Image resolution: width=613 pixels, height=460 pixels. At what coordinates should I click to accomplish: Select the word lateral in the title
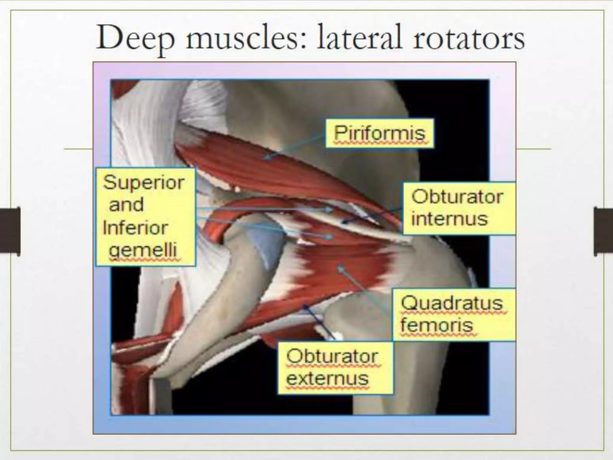(359, 38)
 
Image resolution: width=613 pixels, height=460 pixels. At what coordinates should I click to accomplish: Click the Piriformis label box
(379, 133)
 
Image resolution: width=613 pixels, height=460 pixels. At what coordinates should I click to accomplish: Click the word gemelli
(143, 250)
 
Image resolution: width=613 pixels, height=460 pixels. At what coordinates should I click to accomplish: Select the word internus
(449, 219)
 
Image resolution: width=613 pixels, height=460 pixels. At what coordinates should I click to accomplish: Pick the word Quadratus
(452, 303)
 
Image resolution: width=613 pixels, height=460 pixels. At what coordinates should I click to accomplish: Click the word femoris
(437, 325)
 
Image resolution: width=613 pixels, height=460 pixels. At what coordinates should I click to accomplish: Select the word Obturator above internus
(457, 197)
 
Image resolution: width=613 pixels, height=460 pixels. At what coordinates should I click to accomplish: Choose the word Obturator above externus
(332, 356)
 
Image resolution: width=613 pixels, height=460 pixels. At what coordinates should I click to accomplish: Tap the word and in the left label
(126, 205)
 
